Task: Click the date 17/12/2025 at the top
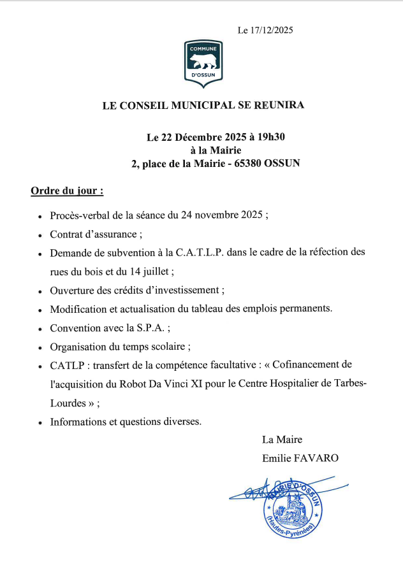pyautogui.click(x=272, y=30)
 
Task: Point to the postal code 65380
pyautogui.click(x=252, y=162)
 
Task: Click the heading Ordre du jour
pyautogui.click(x=67, y=191)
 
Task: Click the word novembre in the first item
pyautogui.click(x=217, y=215)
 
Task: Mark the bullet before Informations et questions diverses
pyautogui.click(x=40, y=422)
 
